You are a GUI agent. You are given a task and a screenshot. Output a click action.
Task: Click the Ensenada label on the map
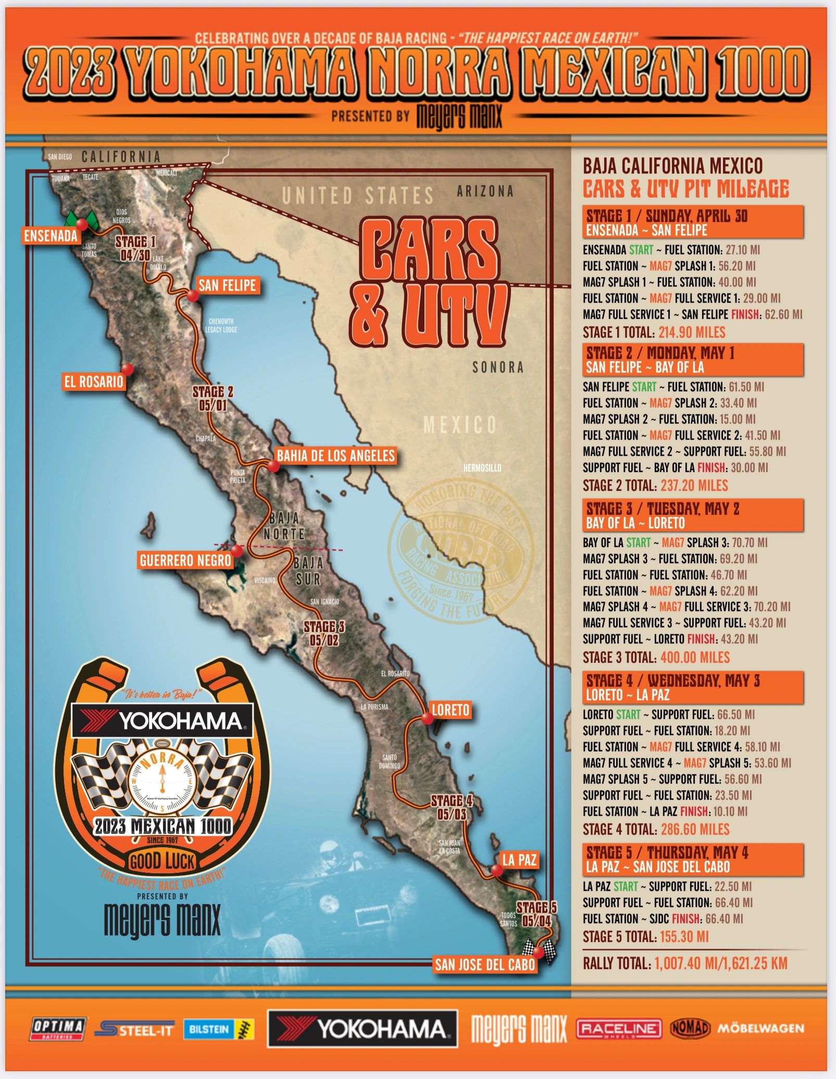point(51,236)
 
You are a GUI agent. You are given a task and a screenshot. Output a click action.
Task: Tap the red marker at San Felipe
point(193,296)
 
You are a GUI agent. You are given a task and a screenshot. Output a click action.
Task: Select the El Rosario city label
point(94,382)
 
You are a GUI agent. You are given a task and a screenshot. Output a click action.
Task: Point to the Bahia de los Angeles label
point(335,456)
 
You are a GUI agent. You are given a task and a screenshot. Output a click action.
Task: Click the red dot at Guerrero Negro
point(236,550)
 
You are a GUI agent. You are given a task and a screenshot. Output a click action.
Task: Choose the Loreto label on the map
point(451,710)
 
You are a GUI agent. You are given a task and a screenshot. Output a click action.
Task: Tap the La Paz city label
point(519,860)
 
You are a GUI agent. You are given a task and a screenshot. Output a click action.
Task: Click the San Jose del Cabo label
point(485,965)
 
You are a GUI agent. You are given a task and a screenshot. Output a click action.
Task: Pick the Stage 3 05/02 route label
point(324,633)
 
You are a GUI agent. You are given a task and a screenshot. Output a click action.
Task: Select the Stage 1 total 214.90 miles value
point(692,332)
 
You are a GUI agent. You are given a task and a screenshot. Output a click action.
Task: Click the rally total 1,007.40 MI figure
point(721,963)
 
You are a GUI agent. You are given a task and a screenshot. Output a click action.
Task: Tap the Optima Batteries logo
point(58,1028)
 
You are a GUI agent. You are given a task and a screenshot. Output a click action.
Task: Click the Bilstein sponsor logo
point(218,1029)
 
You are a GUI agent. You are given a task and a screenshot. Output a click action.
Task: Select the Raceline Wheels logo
point(619,1029)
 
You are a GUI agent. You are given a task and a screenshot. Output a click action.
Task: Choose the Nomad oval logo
point(690,1028)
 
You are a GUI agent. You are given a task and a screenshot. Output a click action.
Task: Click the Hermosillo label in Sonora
point(482,468)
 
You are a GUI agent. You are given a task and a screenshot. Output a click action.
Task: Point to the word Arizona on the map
point(485,192)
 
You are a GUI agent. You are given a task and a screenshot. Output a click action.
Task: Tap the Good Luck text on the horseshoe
point(162,861)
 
